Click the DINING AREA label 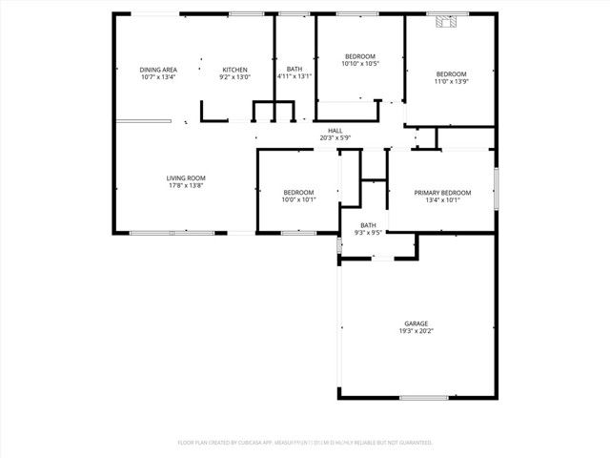click(x=158, y=70)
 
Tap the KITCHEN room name click(x=235, y=70)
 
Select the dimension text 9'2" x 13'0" click(x=235, y=77)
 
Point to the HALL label click(x=335, y=131)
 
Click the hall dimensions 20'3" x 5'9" click(x=335, y=138)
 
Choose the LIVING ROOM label click(x=186, y=177)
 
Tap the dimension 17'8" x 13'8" click(x=186, y=185)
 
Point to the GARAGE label click(x=415, y=323)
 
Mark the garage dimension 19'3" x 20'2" click(x=415, y=331)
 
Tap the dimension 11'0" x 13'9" click(x=451, y=82)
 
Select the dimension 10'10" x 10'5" click(x=360, y=64)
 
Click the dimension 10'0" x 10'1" click(x=297, y=200)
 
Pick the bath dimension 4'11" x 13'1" click(x=295, y=77)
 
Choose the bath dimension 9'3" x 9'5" click(x=368, y=232)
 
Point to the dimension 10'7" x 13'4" click(x=158, y=77)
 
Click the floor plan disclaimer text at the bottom click(x=305, y=443)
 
